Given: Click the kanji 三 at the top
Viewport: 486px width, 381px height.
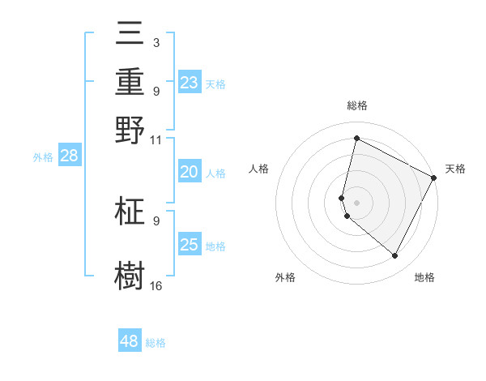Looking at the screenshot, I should coord(130,36).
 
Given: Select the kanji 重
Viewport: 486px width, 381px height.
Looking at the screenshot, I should coord(130,82).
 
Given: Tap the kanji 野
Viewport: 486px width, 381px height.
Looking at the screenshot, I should coord(130,130).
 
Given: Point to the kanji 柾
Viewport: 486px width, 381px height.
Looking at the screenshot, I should coord(130,212).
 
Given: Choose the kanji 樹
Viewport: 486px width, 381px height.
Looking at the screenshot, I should coord(130,275).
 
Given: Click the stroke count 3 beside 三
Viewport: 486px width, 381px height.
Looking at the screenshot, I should coord(156,42).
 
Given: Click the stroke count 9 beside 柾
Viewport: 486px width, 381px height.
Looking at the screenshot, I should coord(156,220).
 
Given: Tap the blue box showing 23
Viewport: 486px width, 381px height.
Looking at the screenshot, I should coord(190,83).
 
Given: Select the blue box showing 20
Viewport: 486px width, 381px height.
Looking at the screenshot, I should coord(190,172).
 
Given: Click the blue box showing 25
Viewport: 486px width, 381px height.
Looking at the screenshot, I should coord(190,245).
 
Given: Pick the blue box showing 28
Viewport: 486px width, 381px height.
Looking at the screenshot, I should coord(69,156).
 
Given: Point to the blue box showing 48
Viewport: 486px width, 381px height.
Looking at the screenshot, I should coord(130,341).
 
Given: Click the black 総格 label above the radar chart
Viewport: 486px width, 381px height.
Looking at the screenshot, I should coord(356,105).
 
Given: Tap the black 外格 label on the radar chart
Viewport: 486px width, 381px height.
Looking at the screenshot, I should coord(285,277).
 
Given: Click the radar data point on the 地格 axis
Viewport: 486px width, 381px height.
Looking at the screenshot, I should coord(395,256).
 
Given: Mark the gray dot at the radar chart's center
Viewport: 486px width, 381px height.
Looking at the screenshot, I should coord(356,202).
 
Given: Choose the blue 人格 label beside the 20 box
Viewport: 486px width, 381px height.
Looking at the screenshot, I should coord(215,173).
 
